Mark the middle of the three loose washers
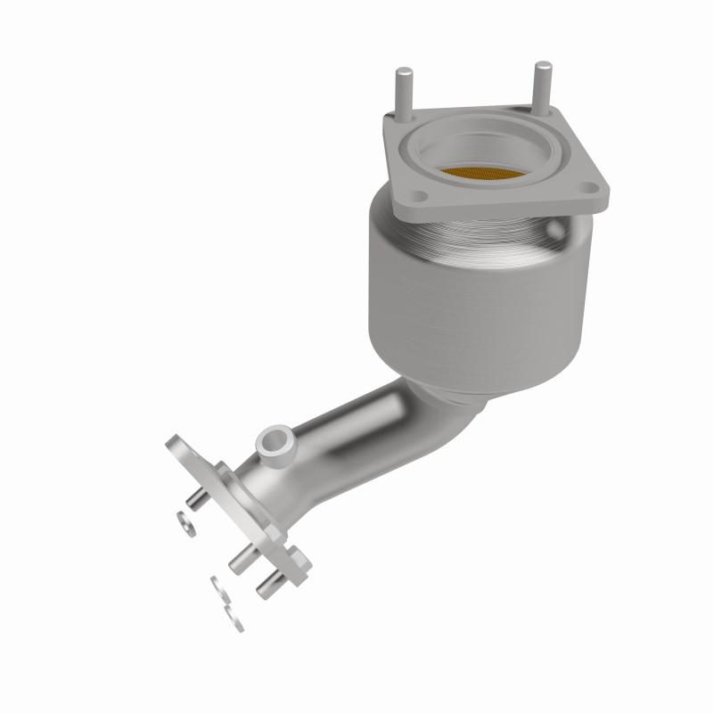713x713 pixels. [217, 587]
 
